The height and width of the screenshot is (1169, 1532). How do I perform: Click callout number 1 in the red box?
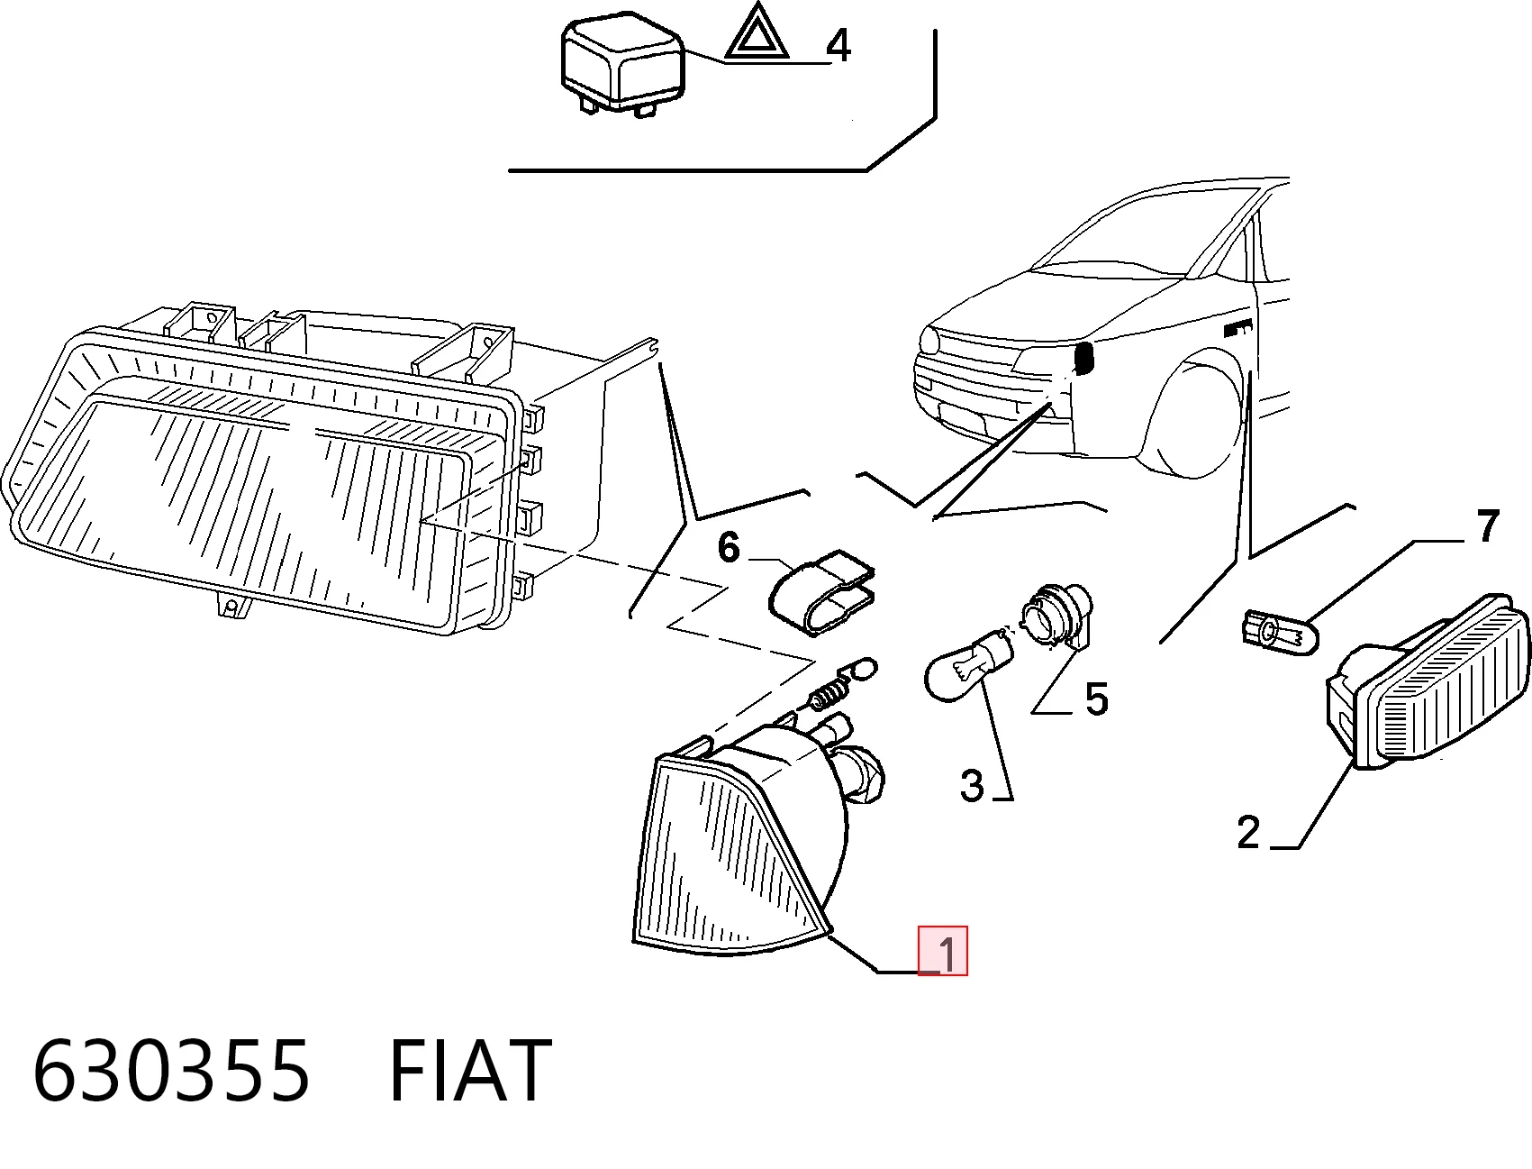[947, 953]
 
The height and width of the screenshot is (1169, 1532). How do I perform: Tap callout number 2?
[1248, 832]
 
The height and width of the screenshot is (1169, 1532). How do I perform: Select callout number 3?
[972, 785]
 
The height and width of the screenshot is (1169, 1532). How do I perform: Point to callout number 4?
[839, 45]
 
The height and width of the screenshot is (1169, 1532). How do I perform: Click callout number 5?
[1096, 699]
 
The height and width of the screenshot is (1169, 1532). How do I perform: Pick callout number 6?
[729, 547]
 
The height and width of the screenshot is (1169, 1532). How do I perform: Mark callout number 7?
[1488, 525]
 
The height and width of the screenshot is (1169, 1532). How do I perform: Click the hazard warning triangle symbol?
[757, 33]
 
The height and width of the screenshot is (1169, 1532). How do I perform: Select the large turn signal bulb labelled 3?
[966, 665]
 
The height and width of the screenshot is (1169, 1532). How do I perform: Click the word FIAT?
[469, 1071]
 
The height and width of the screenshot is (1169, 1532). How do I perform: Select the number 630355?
[171, 1071]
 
